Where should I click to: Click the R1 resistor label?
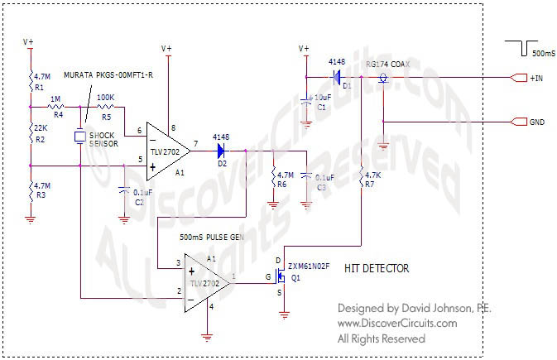[x=39, y=86]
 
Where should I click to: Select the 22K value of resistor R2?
[x=39, y=127]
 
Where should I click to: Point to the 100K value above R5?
[x=106, y=97]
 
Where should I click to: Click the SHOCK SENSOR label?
[x=105, y=141]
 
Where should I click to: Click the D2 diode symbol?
[x=222, y=151]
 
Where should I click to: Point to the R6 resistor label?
[x=281, y=184]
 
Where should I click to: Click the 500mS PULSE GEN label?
[x=211, y=238]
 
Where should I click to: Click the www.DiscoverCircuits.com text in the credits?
[x=397, y=323]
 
